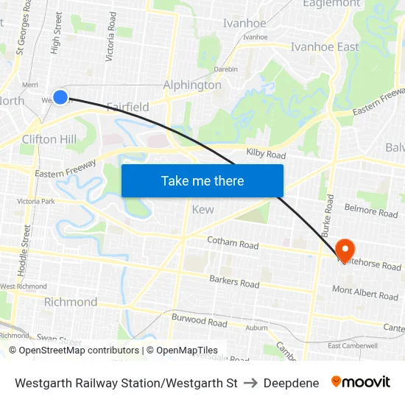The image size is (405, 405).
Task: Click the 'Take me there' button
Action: coord(202,181)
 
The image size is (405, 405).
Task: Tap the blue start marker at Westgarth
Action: coord(60,97)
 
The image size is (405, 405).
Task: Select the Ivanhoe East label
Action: coord(325,46)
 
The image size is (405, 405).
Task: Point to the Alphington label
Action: coord(192,85)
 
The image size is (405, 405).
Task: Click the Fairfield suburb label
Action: coord(128,107)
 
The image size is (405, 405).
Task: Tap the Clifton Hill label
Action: coord(49,139)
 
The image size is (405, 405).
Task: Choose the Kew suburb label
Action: coord(202,210)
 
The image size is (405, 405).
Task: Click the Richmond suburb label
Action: coord(71,302)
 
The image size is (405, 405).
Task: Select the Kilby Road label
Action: coord(266,155)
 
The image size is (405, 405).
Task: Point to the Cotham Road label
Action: coord(233,243)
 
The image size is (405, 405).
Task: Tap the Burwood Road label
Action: coord(200,321)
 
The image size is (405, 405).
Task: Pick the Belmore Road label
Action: coord(371,212)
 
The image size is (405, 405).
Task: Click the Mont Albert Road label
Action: coord(365,293)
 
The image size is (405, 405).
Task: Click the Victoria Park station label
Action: coord(36,201)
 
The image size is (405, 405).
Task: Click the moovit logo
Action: coord(361,382)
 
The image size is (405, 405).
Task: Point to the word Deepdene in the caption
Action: coord(291,383)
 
